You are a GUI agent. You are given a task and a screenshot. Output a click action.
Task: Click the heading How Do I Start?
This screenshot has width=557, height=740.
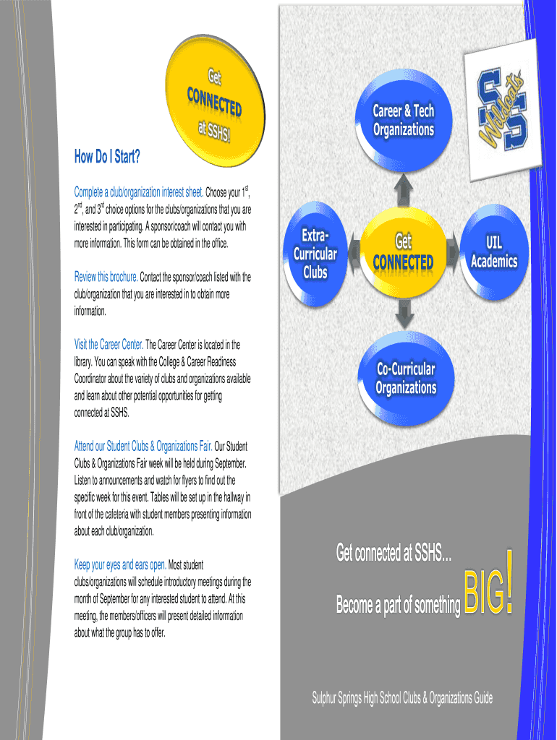pyautogui.click(x=107, y=156)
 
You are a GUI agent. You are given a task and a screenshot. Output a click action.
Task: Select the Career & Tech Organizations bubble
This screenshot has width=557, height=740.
pyautogui.click(x=403, y=120)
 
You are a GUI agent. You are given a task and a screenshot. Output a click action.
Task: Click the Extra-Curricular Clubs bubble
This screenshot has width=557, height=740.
pyautogui.click(x=315, y=254)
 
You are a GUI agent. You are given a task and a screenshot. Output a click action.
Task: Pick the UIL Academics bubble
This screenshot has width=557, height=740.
pyautogui.click(x=494, y=251)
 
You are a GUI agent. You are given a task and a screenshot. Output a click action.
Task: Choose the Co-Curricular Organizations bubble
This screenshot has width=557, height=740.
pyautogui.click(x=405, y=378)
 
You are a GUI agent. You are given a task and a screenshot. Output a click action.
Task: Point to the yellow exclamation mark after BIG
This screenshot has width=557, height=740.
pyautogui.click(x=511, y=582)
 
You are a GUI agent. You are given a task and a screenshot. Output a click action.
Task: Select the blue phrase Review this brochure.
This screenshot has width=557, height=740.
pyautogui.click(x=106, y=277)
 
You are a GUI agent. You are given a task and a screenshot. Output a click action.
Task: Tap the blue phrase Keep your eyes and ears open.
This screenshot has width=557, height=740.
pyautogui.click(x=120, y=564)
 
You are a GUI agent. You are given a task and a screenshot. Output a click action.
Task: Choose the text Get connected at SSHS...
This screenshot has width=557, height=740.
pyautogui.click(x=394, y=554)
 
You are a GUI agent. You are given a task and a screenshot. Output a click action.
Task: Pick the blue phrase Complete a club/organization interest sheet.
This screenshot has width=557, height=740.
pyautogui.click(x=138, y=192)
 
